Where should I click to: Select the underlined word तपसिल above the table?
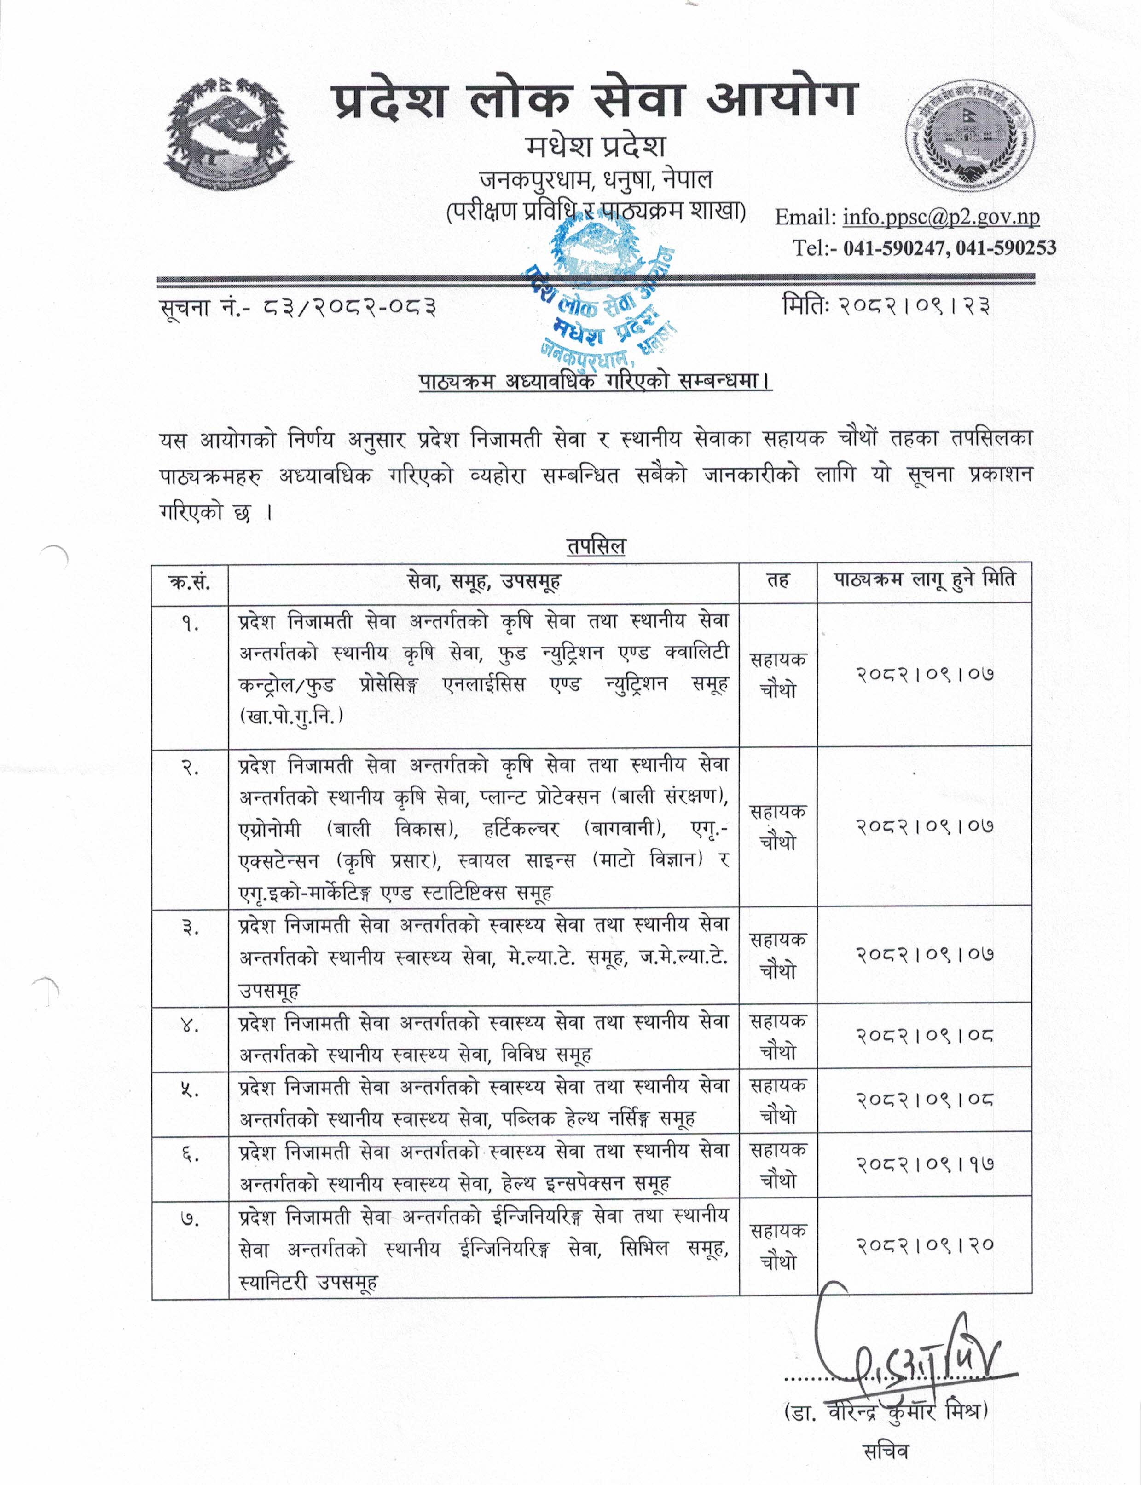[596, 546]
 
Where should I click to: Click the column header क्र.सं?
[190, 582]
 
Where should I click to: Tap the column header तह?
[778, 581]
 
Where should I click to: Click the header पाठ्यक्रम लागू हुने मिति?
[924, 580]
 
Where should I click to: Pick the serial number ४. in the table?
[190, 1026]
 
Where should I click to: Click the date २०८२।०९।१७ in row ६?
[924, 1164]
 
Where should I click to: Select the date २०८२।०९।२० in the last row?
[924, 1245]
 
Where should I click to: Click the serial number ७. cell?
[190, 1220]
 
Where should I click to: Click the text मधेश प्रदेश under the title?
[595, 146]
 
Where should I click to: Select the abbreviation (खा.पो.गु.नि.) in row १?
[291, 717]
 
